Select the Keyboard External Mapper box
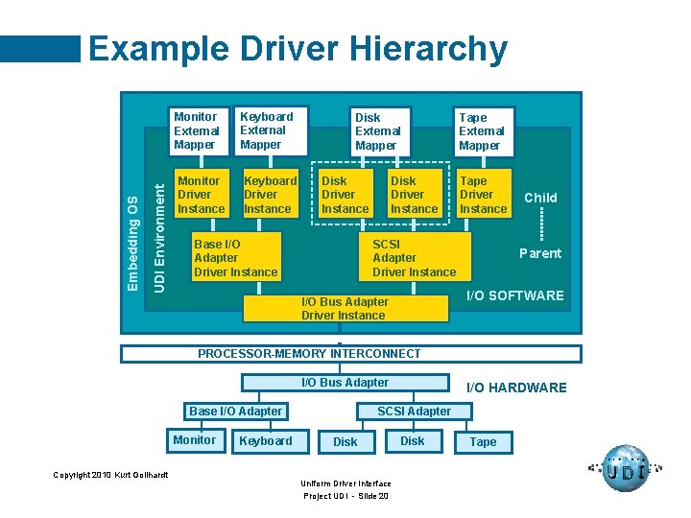point(271,130)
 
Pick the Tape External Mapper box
point(484,131)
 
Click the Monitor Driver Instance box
point(202,195)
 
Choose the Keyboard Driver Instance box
point(270,195)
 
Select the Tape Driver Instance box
point(483,195)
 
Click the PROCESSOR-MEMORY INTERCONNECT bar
point(350,354)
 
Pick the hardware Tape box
point(483,442)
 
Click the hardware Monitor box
point(195,440)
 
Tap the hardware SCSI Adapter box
point(414,412)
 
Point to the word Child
point(540,198)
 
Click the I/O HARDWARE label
point(516,388)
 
